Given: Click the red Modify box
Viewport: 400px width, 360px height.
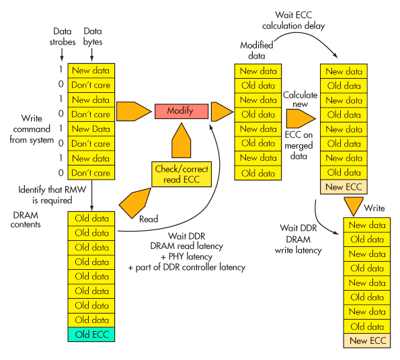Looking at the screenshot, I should click(180, 111).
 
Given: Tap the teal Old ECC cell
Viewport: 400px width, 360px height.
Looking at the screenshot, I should click(91, 334).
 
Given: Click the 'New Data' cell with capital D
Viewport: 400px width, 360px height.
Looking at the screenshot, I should click(91, 129).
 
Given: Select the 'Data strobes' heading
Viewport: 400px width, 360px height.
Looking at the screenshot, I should click(61, 37).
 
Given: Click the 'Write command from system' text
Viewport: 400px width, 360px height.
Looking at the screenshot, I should click(30, 130).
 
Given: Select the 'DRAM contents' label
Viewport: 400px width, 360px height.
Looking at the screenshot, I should click(27, 219).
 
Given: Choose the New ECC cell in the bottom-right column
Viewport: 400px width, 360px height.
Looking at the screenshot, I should click(368, 340).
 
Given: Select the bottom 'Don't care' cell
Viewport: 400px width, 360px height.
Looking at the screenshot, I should click(91, 173).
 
